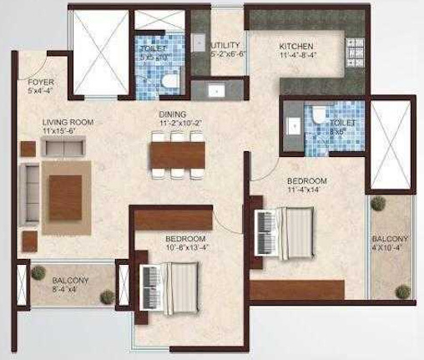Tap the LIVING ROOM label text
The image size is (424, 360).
pos(68,122)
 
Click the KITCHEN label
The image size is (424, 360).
pos(295,47)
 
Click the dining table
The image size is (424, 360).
pos(176,155)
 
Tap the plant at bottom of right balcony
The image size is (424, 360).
pos(404,292)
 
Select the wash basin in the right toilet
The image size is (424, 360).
pos(293,124)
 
